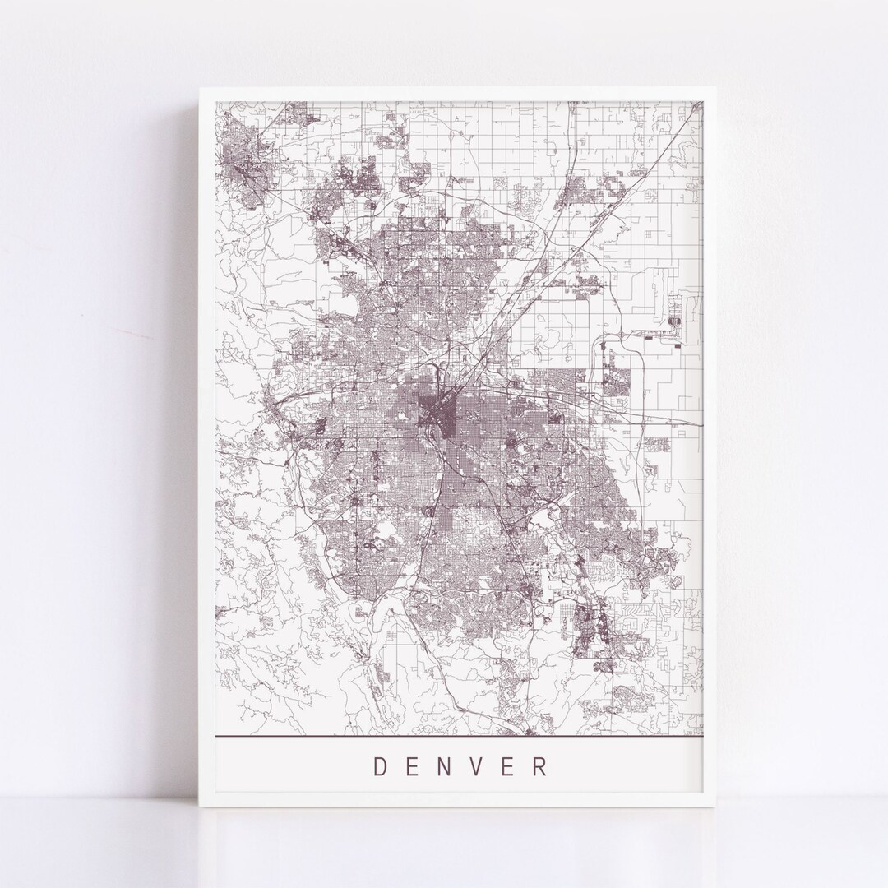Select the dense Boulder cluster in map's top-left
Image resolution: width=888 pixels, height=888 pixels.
tap(240, 156)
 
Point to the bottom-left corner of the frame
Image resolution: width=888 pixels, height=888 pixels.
tap(200, 807)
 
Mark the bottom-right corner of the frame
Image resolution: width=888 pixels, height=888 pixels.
tap(717, 807)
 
